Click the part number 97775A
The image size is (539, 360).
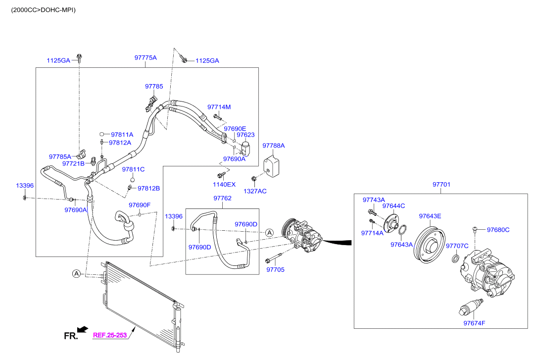coord(146,57)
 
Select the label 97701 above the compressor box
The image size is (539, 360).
coord(441,184)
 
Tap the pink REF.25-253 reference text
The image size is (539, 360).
coord(110,335)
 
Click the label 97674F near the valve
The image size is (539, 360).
coord(474,323)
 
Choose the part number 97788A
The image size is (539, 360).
coord(274,146)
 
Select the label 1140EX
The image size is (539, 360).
coord(224,184)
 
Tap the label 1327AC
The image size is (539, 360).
coord(255,191)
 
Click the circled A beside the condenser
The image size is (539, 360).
coord(76,273)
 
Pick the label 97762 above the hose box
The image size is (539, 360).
coord(222,198)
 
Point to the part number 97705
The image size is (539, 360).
coord(276,270)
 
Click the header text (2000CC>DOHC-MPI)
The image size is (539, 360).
coord(41,9)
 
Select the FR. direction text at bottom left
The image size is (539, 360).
coord(71,336)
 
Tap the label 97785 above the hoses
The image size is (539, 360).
coord(154,86)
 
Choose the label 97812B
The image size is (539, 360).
coord(148,188)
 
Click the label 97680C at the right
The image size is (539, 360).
coord(498,230)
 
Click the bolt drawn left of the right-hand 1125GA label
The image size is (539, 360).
coord(184,60)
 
